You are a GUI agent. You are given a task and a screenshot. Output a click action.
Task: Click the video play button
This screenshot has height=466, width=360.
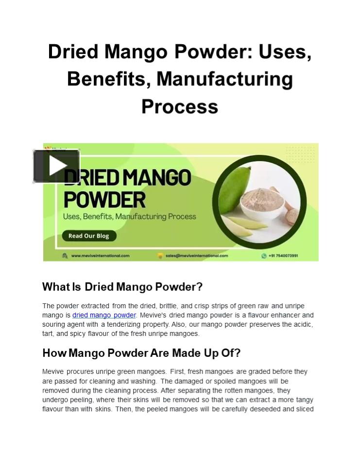(x=56, y=166)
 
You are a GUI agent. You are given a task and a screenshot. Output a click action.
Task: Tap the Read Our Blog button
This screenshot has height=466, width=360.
(x=88, y=236)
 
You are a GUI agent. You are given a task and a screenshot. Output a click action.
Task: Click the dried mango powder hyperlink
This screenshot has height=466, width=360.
(x=104, y=315)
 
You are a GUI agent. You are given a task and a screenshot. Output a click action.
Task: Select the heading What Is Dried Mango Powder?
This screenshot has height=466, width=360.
(x=122, y=287)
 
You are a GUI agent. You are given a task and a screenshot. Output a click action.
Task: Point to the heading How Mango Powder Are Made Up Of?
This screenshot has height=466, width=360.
(x=141, y=353)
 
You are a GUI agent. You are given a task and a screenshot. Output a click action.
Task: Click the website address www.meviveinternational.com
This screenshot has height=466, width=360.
(x=100, y=255)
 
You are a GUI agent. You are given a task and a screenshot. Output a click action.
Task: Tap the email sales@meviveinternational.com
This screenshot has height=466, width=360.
(x=196, y=255)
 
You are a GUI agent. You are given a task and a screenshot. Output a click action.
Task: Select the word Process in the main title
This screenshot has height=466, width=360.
(x=179, y=106)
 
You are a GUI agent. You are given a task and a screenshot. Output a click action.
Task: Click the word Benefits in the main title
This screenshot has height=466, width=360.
(x=108, y=79)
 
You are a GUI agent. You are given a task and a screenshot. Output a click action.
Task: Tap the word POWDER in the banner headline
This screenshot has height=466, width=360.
(x=104, y=199)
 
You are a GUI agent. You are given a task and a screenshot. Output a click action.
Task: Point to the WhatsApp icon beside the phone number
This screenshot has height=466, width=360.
(x=264, y=255)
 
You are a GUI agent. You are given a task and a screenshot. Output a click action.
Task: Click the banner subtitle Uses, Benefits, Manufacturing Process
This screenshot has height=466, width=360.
(x=129, y=216)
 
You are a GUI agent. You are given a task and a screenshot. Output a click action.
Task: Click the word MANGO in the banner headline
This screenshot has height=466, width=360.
(x=157, y=178)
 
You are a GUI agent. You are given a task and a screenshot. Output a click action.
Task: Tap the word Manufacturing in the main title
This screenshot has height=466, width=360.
(x=224, y=79)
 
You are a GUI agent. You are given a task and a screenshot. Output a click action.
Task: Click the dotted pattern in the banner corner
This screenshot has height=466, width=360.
(x=300, y=154)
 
